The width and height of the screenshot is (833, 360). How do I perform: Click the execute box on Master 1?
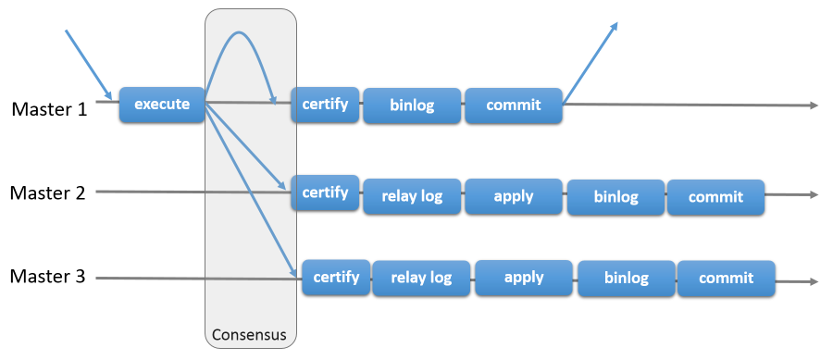point(162,105)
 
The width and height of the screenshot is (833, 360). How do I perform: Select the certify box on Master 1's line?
point(325,105)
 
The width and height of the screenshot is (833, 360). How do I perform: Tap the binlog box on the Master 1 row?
point(412,106)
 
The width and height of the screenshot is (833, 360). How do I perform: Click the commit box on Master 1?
point(514,106)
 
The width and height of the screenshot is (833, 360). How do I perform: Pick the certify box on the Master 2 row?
point(325,192)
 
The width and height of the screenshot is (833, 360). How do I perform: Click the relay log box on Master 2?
point(412,196)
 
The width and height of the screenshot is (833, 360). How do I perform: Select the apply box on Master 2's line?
point(514,196)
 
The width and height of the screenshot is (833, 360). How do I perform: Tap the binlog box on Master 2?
point(615,196)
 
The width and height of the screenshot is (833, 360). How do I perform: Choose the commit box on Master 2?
point(715,196)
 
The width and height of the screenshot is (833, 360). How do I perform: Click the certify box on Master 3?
point(336,277)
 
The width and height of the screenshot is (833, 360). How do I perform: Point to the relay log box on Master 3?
point(422,278)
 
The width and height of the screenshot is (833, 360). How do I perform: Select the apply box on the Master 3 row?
point(524,278)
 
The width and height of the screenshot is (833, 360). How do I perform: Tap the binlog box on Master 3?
point(627,278)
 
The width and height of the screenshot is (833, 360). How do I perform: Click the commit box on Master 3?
point(727,278)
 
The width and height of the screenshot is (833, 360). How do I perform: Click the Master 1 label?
point(49,109)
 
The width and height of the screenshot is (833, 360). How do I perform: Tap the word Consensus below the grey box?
point(250,333)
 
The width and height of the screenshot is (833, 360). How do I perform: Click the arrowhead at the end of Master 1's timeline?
point(814,106)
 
